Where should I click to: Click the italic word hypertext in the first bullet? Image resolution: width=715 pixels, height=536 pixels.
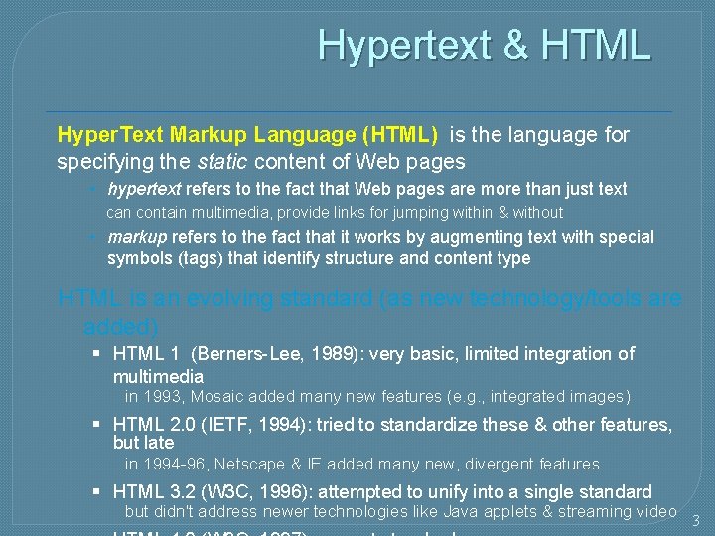[144, 189]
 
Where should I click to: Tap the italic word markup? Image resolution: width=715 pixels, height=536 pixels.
[137, 237]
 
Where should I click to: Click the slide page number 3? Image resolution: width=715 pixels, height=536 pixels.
[695, 520]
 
